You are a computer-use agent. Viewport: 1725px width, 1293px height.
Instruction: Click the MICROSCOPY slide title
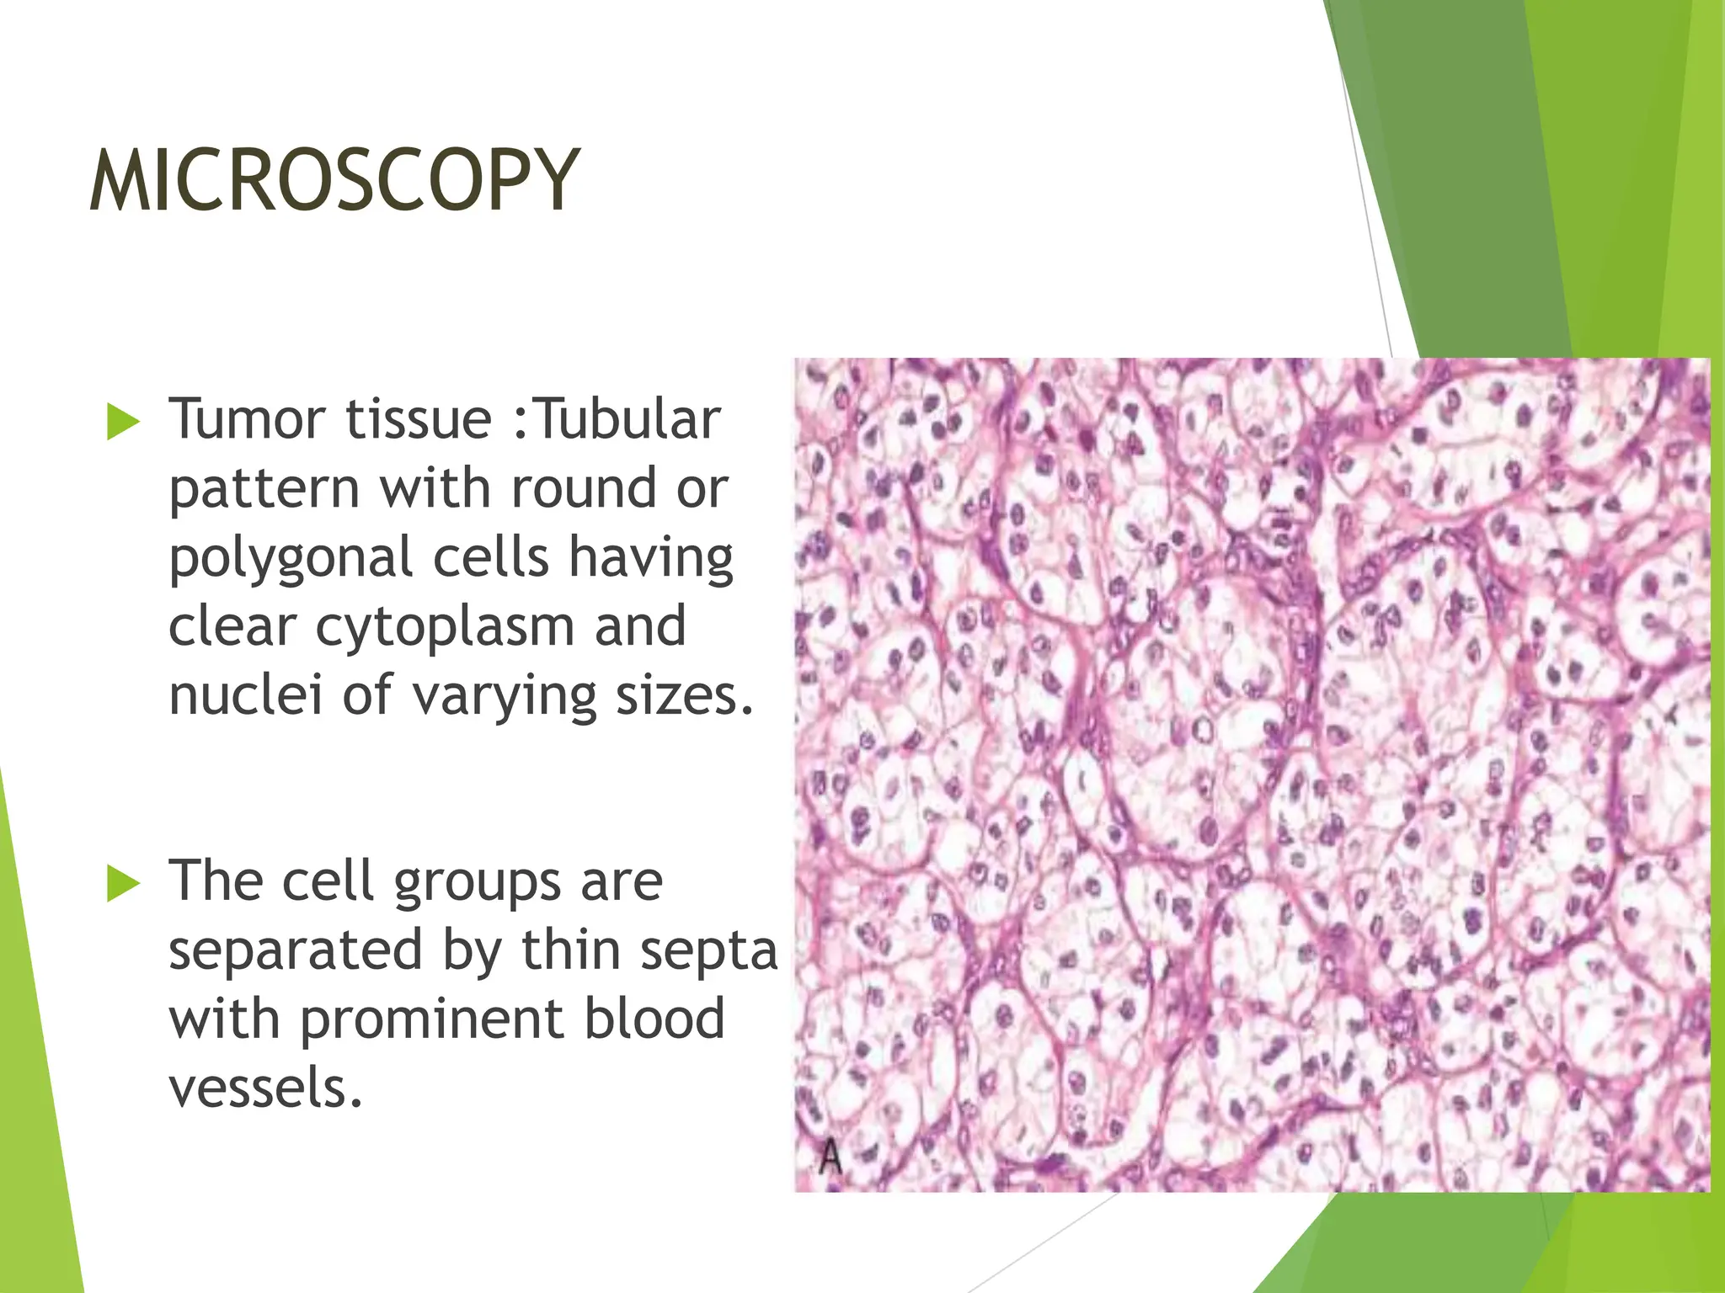[334, 180]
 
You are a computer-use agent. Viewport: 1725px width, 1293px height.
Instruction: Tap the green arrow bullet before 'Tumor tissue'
[123, 422]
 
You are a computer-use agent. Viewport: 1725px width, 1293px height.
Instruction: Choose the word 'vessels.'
[265, 1088]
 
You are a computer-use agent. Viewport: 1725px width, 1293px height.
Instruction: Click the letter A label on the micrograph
[830, 1157]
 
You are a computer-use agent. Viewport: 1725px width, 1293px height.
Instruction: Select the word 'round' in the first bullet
[584, 489]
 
